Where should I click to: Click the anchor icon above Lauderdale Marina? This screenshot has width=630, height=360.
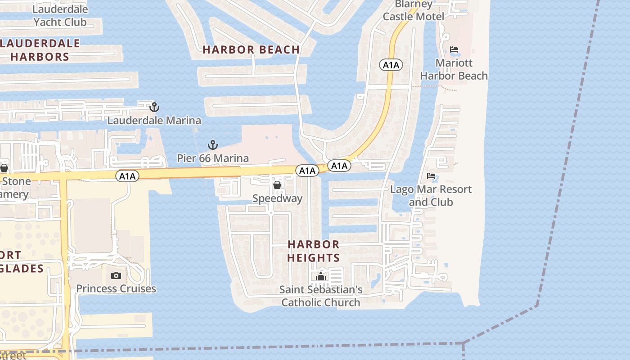click(154, 107)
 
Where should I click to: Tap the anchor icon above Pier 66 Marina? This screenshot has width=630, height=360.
click(212, 145)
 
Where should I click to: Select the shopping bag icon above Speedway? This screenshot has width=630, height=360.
click(277, 185)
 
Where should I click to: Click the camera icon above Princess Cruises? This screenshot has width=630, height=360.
click(116, 275)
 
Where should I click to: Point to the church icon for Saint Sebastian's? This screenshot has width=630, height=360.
click(320, 276)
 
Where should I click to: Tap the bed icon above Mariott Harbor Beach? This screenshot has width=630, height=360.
click(454, 49)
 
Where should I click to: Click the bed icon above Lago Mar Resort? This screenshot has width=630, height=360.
click(431, 176)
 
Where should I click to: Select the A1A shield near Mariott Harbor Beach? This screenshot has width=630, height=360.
click(391, 65)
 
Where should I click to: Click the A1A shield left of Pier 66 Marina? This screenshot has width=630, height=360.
click(127, 176)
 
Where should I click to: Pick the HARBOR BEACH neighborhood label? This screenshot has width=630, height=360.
click(251, 50)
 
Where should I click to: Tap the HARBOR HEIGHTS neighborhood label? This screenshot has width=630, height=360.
click(314, 251)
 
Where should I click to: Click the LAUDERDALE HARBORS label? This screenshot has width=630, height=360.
click(40, 50)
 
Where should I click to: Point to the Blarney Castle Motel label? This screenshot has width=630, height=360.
click(414, 10)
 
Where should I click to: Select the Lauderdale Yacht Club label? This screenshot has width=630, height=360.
click(60, 15)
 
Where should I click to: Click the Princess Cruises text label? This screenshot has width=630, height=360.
click(116, 288)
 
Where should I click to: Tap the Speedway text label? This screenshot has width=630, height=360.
click(277, 198)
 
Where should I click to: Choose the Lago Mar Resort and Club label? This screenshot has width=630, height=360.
click(431, 195)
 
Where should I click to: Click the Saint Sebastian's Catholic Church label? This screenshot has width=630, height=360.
click(320, 296)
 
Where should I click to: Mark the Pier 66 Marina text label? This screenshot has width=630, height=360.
click(212, 158)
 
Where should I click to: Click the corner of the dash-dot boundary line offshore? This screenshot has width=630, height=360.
click(537, 306)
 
